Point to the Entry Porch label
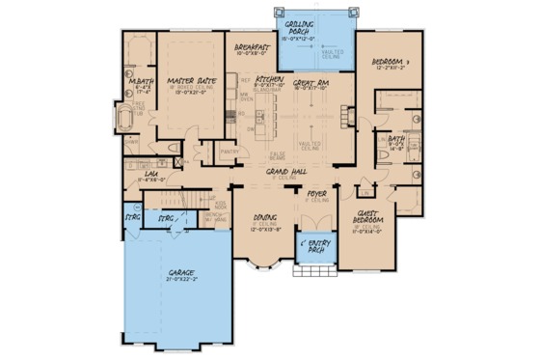(314, 242)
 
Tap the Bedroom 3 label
(390, 63)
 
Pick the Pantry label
(229, 152)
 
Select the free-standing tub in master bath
(128, 119)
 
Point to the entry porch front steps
(313, 272)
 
